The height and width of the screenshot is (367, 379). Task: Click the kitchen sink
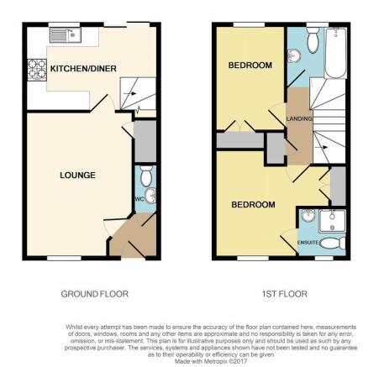tap(66, 35)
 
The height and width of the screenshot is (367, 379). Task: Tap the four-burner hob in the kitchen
tap(37, 70)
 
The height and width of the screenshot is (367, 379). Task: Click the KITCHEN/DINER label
tap(83, 69)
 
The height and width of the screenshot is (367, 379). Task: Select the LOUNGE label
tap(77, 176)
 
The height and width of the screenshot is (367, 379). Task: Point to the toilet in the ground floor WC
tap(146, 176)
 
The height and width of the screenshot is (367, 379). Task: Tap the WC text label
tap(139, 199)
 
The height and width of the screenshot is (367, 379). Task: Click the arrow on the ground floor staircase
tap(129, 93)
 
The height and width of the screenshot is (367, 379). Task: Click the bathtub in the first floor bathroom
tap(335, 53)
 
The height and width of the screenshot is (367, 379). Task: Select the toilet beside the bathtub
tap(313, 40)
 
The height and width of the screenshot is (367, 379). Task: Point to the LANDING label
tap(299, 118)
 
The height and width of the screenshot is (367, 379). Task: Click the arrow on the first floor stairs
tap(321, 147)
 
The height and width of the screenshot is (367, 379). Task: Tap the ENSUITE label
tap(308, 243)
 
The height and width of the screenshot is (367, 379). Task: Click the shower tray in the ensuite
tap(333, 221)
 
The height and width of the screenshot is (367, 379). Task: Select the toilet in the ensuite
tap(333, 244)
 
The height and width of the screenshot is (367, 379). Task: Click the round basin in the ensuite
tap(308, 216)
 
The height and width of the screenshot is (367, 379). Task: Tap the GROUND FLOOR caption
tap(95, 294)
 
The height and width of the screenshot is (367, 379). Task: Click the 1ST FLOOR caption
tap(285, 294)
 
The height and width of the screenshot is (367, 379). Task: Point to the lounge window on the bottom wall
tap(64, 258)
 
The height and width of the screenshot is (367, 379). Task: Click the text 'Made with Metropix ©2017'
tap(211, 361)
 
